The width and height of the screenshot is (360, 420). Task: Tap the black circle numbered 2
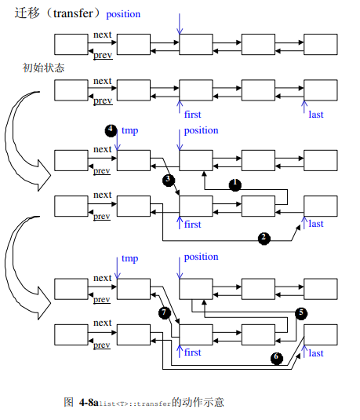[264, 238]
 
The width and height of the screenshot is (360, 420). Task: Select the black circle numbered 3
[168, 180]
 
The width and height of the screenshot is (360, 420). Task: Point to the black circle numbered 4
[111, 130]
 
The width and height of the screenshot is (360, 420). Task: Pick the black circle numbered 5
[301, 312]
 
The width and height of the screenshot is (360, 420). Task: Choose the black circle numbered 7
[164, 312]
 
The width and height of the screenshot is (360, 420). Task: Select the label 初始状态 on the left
[43, 68]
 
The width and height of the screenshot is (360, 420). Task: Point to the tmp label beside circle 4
[129, 130]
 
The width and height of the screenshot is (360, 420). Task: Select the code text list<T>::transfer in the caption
[135, 403]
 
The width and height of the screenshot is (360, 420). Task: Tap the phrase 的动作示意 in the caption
[198, 402]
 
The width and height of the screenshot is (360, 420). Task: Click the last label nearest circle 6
[316, 353]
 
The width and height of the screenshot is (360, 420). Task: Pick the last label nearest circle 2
[316, 224]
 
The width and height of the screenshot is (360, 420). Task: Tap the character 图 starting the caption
[68, 402]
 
